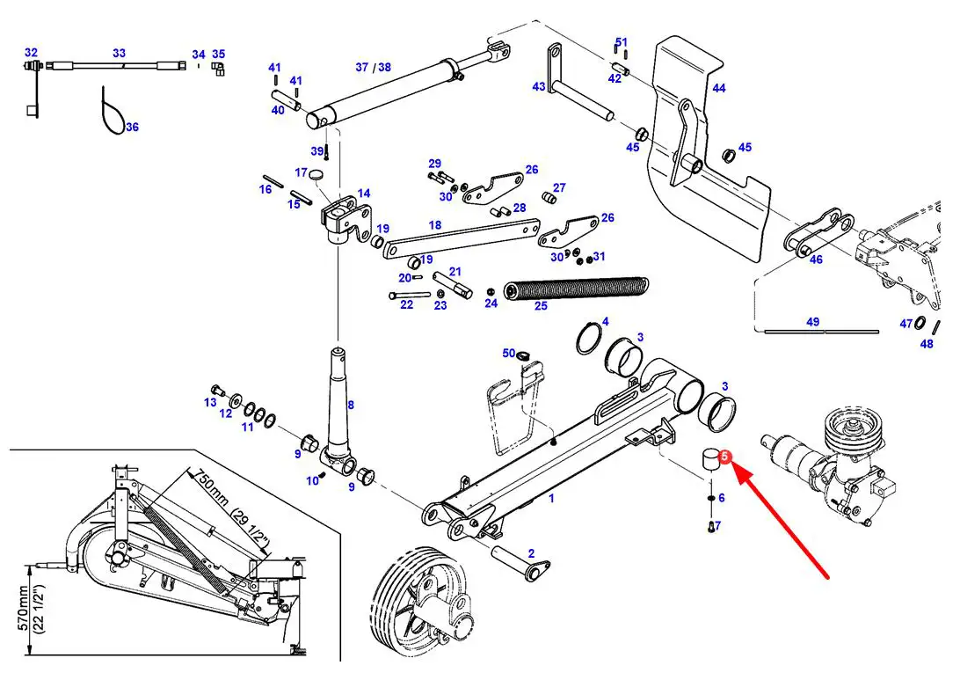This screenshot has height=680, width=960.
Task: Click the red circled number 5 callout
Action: tap(724, 457)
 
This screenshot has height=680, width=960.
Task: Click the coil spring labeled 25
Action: tap(575, 289)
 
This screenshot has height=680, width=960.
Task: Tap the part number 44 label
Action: tap(719, 88)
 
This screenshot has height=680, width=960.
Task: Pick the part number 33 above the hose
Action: tap(119, 54)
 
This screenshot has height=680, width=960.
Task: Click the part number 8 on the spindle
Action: tap(350, 406)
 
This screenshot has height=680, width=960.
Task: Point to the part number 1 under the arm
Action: tap(551, 499)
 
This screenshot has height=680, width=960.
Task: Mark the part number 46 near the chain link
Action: tap(816, 260)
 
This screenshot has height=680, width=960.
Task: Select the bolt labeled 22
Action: tap(408, 295)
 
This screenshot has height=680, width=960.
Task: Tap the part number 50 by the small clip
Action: tap(508, 354)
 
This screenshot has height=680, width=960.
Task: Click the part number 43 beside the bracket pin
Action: tap(539, 87)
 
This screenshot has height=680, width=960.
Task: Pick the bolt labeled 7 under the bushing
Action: tap(710, 528)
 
